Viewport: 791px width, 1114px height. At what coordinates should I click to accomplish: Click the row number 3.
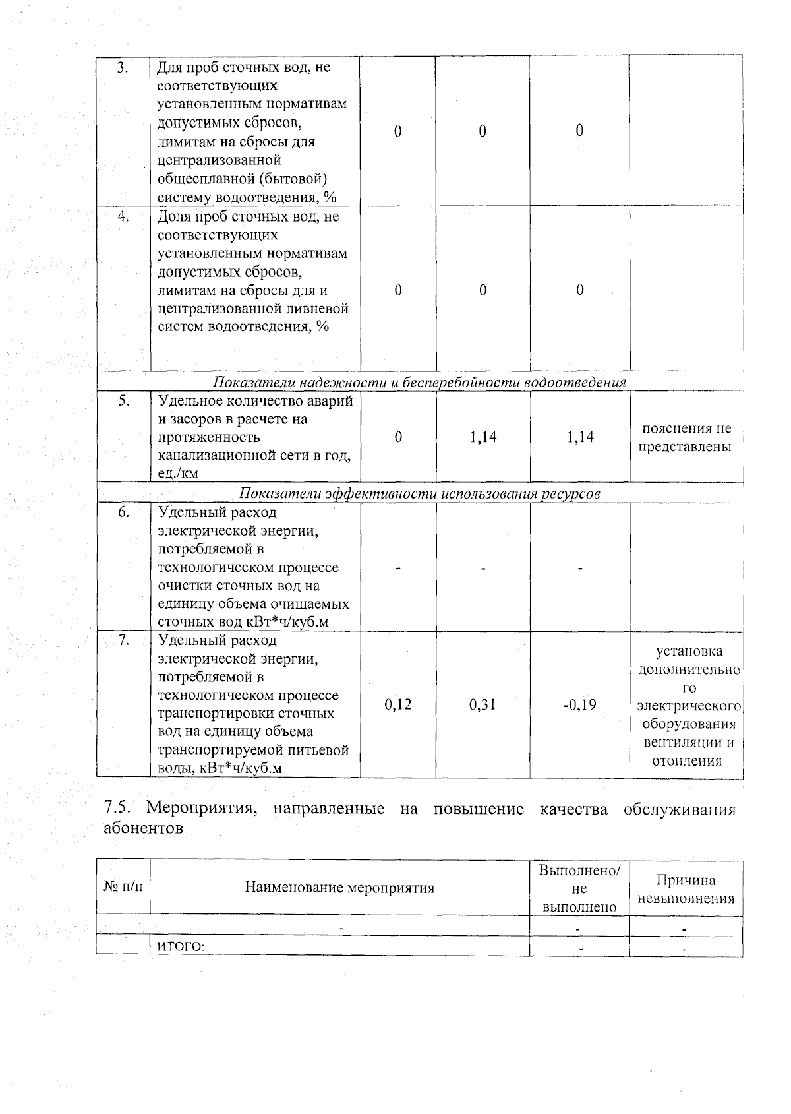(122, 68)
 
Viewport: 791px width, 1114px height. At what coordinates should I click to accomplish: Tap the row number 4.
(123, 217)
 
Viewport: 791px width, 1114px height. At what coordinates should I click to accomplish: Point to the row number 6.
(123, 512)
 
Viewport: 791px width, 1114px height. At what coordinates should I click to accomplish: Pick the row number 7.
(123, 640)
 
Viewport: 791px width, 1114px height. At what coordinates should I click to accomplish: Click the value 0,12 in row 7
(398, 704)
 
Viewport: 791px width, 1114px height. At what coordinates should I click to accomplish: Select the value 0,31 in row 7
(483, 704)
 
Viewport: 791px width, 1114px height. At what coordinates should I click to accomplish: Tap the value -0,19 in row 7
(579, 704)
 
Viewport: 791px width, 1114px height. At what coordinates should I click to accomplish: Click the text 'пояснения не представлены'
(686, 437)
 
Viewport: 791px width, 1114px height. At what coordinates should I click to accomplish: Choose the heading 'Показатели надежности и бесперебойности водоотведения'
(419, 383)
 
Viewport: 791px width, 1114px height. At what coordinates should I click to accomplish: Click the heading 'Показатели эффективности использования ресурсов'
(419, 494)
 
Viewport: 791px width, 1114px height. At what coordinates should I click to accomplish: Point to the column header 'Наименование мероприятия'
(339, 888)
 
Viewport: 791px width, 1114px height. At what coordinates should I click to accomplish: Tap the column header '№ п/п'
(123, 887)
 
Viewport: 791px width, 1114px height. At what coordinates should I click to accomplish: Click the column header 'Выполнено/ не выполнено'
(579, 888)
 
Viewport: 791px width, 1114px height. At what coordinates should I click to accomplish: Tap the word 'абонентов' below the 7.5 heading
(144, 829)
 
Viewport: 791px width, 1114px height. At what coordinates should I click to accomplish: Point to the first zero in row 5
(398, 437)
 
